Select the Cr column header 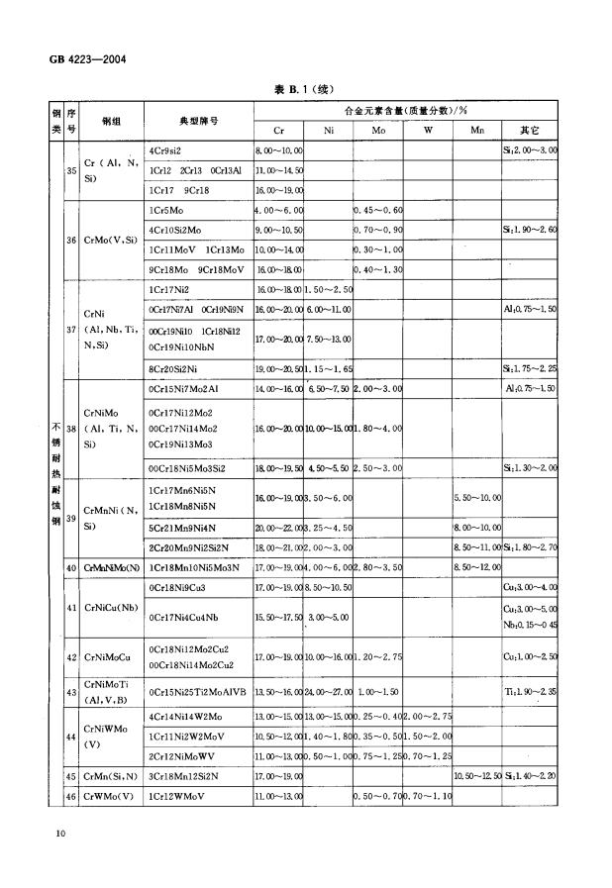point(278,130)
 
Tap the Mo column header point(377,130)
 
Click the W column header point(428,130)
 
